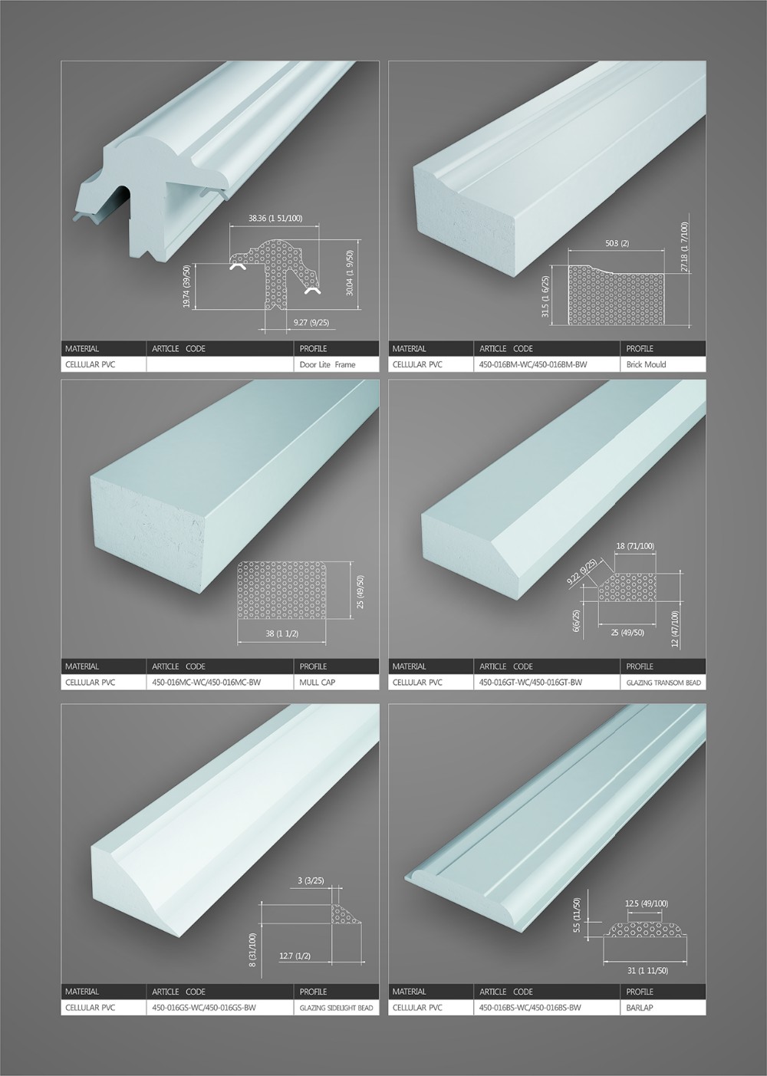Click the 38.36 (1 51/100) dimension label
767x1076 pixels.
pos(275,218)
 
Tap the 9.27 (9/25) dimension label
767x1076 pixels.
pos(311,322)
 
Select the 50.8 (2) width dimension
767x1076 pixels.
pos(617,243)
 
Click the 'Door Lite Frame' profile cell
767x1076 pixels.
pos(336,364)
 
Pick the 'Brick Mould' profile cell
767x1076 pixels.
pos(663,364)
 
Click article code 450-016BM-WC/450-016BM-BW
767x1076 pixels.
pos(533,364)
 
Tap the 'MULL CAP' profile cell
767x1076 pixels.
pos(336,682)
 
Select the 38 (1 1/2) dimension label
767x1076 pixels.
pos(282,633)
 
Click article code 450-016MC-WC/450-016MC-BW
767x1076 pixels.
pos(206,682)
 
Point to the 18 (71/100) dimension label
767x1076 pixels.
pos(635,546)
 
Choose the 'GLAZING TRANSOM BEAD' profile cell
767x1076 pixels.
pos(663,682)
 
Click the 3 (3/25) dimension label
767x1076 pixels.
pos(311,880)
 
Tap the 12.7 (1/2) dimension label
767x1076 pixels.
pos(295,956)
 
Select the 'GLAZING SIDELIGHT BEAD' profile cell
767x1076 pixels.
pos(336,1007)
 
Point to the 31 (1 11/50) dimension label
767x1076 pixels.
pos(647,970)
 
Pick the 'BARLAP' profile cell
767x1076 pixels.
pos(663,1007)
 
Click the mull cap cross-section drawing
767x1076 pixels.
pos(282,590)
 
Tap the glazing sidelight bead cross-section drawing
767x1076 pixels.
pos(346,913)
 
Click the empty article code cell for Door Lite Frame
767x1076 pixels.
pos(220,364)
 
